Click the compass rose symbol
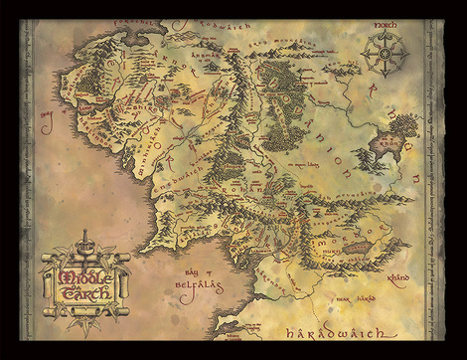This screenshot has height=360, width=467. click(383, 51)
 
